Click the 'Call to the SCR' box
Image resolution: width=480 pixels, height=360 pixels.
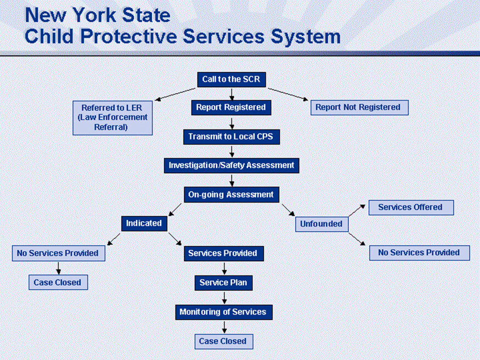(231, 80)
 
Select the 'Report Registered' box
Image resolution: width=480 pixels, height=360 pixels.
(231, 108)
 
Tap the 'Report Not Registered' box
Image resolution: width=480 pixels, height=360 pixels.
(359, 108)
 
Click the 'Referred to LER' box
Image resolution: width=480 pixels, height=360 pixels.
(112, 117)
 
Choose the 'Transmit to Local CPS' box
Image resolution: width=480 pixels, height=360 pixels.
(231, 137)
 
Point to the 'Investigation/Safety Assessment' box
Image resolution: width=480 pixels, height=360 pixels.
(231, 165)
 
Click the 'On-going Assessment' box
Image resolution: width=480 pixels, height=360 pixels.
(231, 194)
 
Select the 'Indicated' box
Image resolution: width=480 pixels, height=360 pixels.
(144, 223)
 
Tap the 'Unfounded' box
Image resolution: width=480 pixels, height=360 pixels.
(321, 224)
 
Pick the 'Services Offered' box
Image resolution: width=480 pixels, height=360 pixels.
(410, 207)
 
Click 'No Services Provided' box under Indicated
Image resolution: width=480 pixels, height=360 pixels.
(58, 253)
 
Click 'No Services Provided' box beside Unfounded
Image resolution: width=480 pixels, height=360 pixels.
(419, 252)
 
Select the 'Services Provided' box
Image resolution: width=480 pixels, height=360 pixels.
(223, 254)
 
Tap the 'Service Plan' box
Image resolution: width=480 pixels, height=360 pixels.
(223, 283)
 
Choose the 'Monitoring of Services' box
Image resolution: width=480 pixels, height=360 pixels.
(223, 312)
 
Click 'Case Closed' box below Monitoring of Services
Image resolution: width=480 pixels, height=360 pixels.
(223, 341)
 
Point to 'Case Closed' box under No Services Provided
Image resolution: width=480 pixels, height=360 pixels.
(57, 283)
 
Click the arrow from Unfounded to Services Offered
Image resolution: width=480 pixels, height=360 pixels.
(357, 210)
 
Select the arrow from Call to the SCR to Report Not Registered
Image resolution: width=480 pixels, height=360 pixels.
(288, 94)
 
